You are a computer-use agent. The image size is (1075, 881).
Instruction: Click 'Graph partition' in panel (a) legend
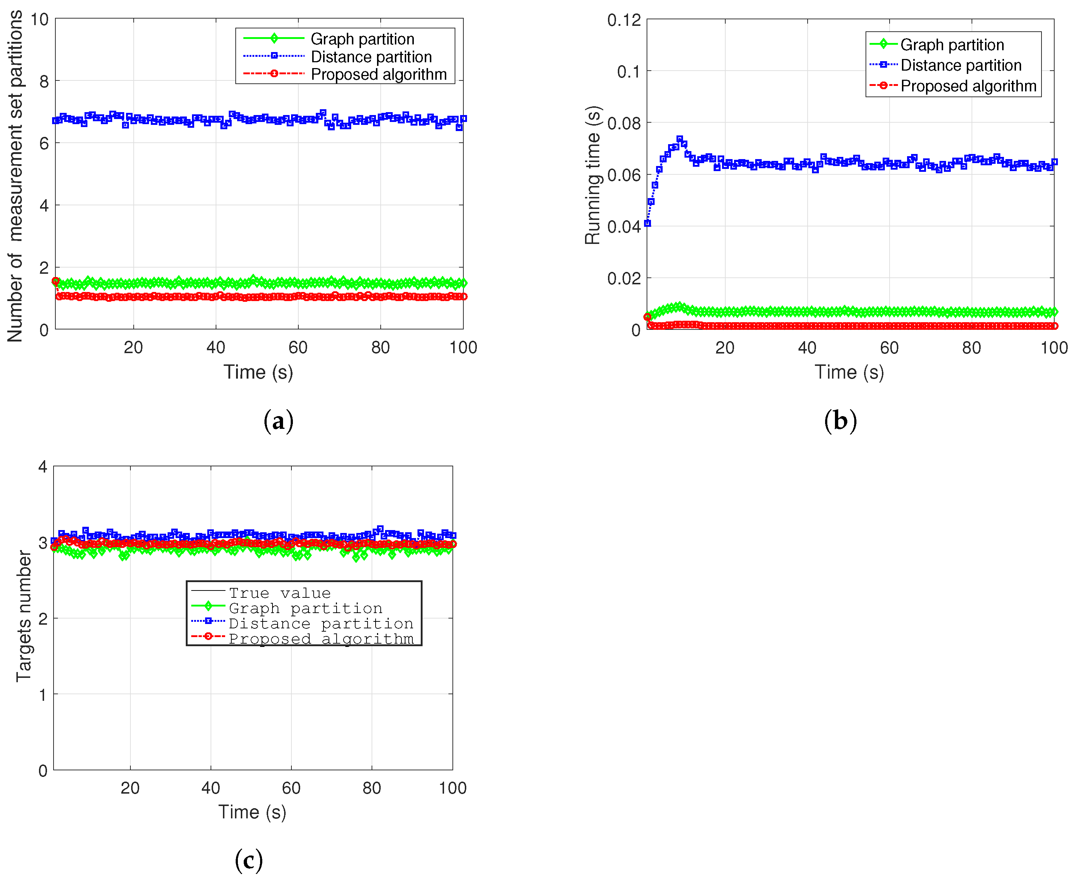coord(362,39)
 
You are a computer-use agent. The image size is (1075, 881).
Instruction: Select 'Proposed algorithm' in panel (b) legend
coord(968,86)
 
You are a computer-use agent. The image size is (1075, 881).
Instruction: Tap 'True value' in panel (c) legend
coord(279,593)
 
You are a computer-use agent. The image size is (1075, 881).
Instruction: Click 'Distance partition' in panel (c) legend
coord(321,623)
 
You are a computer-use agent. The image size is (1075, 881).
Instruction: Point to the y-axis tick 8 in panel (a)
coord(44,81)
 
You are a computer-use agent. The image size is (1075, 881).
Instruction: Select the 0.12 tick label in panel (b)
coord(624,20)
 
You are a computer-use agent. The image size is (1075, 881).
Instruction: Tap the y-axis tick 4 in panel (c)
coord(43,466)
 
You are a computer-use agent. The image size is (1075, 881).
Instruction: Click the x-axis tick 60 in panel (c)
coord(291,788)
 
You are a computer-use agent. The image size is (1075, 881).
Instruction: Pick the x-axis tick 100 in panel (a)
coord(463,348)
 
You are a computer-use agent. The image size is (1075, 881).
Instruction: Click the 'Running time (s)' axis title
coord(593,175)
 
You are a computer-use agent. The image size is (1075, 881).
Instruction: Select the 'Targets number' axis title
coord(23,616)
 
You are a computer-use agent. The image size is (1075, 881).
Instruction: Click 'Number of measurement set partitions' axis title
coord(15,176)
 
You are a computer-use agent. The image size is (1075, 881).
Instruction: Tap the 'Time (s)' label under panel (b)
coord(849,372)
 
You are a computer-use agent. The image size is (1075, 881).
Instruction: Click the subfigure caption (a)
coord(278,421)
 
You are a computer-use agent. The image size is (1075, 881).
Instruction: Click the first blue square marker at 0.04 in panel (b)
coord(647,223)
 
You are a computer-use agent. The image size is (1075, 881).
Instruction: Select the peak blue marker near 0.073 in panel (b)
coord(679,139)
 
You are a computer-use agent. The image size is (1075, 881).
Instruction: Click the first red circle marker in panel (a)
coord(56,281)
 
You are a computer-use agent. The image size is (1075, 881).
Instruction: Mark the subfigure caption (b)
coord(840,421)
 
